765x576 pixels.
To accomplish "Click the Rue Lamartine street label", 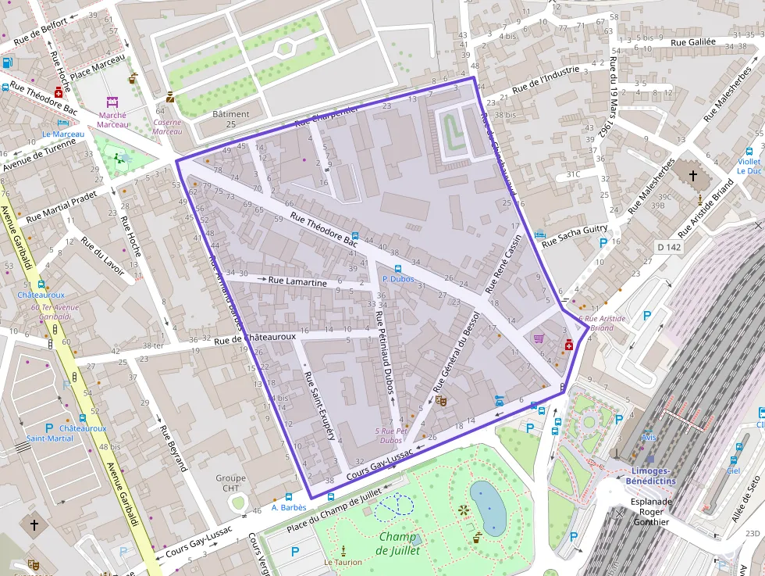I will click(x=297, y=281).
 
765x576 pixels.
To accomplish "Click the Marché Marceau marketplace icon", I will click(x=112, y=102).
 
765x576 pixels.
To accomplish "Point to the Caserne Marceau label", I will click(x=168, y=127).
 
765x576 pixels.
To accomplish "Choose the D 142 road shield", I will click(x=669, y=247).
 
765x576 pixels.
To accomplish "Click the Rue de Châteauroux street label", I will click(x=255, y=338).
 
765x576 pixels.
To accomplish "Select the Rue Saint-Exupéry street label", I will click(x=319, y=406).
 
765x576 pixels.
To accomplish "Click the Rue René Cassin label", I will click(x=503, y=267).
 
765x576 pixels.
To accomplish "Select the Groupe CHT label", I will click(x=231, y=483).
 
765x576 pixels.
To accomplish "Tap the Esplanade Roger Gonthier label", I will click(x=645, y=511).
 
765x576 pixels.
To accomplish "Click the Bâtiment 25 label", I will click(x=231, y=119).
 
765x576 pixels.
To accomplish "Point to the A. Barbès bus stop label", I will click(x=288, y=507).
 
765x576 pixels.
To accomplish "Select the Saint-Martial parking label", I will click(x=50, y=438).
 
